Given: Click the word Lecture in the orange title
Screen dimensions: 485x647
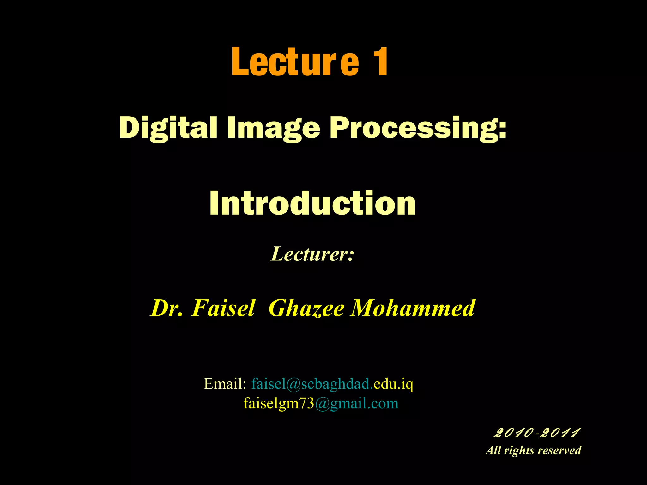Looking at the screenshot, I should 295,62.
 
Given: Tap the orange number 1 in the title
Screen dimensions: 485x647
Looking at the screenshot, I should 380,62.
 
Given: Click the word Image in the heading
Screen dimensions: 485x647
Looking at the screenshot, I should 274,128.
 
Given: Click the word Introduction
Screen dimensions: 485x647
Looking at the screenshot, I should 312,203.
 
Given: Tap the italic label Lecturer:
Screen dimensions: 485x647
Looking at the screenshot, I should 312,254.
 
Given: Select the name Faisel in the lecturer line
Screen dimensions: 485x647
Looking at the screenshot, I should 223,308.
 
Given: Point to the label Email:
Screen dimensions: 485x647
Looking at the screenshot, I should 225,384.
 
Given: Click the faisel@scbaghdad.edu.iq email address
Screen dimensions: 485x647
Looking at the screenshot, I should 332,384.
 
